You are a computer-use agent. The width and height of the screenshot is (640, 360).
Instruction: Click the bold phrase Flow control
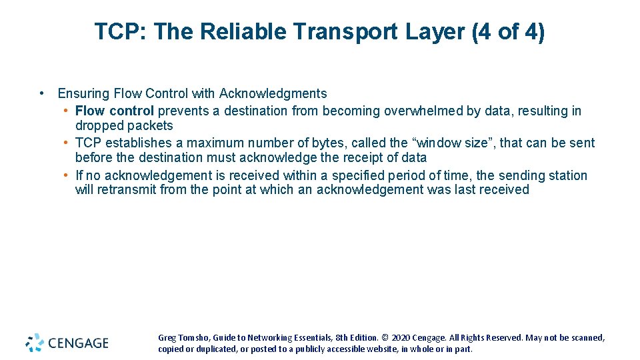click(114, 111)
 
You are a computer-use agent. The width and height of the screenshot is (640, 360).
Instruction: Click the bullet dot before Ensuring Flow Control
click(42, 93)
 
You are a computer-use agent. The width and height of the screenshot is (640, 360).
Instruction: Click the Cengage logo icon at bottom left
click(35, 343)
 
